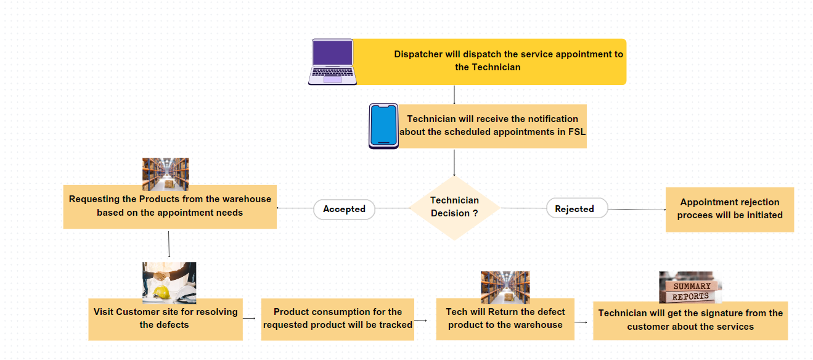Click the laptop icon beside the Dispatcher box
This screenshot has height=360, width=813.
point(332,62)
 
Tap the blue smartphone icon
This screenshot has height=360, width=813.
point(383,126)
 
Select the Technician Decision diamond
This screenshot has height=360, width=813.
point(455,207)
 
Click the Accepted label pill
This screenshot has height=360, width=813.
point(344,209)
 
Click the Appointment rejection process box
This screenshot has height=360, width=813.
point(729,209)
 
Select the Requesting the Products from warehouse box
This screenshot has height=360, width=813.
point(170,207)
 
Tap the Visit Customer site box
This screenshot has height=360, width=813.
point(165,319)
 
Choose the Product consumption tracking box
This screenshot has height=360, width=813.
point(337,319)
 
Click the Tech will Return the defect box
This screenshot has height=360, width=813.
point(505,319)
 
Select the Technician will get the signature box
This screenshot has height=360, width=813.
point(690,321)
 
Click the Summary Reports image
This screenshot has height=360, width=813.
point(690,287)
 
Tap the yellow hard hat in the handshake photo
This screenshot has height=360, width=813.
point(161,292)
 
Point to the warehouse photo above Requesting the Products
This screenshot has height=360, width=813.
point(165,173)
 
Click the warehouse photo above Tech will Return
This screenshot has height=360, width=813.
point(505,287)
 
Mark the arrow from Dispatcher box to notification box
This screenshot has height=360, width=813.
point(454,94)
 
